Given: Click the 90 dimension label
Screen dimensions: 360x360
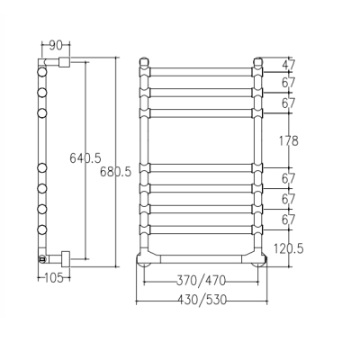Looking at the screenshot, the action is tap(56, 45).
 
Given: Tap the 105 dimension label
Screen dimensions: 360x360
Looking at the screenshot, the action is tap(54, 278).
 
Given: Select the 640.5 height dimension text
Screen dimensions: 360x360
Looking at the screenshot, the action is tap(85, 157).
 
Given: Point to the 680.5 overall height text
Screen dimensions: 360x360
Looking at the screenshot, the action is tap(115, 172).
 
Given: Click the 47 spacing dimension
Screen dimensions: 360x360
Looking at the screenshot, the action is tap(289, 65).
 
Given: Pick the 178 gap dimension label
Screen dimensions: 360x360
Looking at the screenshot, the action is tap(289, 140).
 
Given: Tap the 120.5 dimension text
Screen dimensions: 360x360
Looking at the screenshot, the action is tap(289, 248).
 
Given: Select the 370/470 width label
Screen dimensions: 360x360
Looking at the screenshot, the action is tap(201, 281).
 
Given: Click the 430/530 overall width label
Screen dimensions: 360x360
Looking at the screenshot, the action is tap(202, 300).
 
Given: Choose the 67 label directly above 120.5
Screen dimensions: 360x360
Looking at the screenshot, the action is tap(289, 220).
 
